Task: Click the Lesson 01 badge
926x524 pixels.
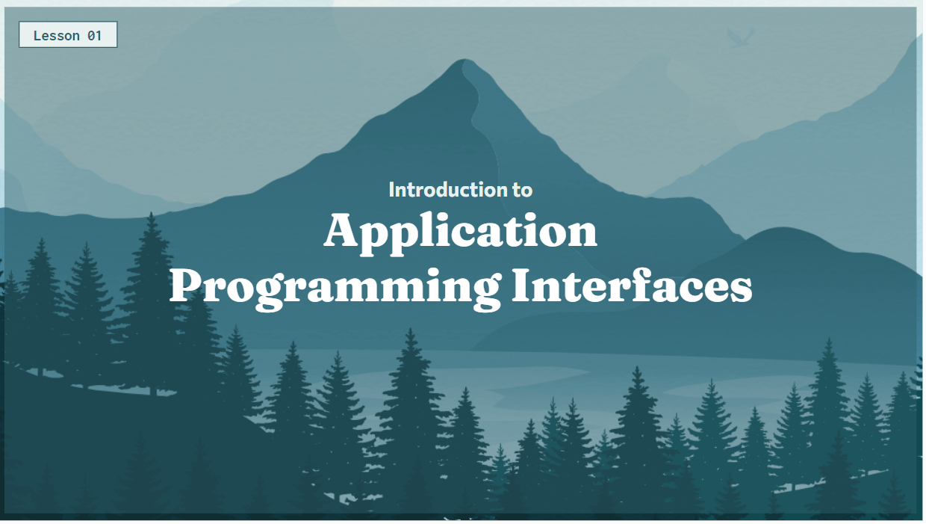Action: point(68,35)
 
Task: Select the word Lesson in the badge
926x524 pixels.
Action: point(56,35)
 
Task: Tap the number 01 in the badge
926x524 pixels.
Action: point(94,35)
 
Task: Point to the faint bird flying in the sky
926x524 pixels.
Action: point(739,37)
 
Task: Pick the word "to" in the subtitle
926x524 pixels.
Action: point(523,190)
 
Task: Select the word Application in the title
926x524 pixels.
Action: point(461,233)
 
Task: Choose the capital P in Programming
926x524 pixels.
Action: point(186,285)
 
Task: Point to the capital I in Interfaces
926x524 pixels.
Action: point(523,285)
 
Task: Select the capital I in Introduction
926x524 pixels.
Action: point(391,190)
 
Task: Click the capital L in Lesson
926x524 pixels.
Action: point(38,35)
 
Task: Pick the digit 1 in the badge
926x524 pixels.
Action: point(98,35)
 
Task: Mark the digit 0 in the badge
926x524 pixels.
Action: point(90,35)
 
